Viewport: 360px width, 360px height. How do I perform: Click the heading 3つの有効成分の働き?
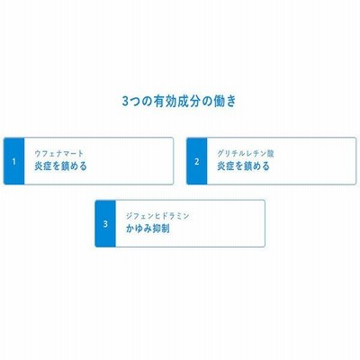point(179,101)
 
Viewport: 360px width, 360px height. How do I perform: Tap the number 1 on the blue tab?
point(13,162)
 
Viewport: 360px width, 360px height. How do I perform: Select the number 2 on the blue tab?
point(197,162)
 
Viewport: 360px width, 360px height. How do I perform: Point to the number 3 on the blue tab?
point(105,224)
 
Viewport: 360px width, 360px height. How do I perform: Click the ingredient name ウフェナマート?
point(58,154)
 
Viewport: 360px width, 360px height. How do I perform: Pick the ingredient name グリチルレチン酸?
point(246,154)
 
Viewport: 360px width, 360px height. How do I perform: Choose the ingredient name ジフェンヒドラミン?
point(157,216)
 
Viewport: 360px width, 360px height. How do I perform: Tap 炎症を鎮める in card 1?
point(60,166)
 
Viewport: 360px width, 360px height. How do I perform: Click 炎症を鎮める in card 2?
point(243,166)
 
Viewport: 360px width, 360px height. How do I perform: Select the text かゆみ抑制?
point(148,229)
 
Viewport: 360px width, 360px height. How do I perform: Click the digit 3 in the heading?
point(125,102)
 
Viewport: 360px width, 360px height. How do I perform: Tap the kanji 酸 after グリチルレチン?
point(270,154)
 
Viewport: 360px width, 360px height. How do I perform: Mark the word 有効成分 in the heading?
point(176,101)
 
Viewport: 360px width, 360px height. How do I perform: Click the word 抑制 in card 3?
point(160,229)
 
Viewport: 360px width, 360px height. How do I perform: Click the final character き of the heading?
point(231,102)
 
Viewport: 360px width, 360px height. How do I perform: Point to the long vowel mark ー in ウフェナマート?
point(73,154)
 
